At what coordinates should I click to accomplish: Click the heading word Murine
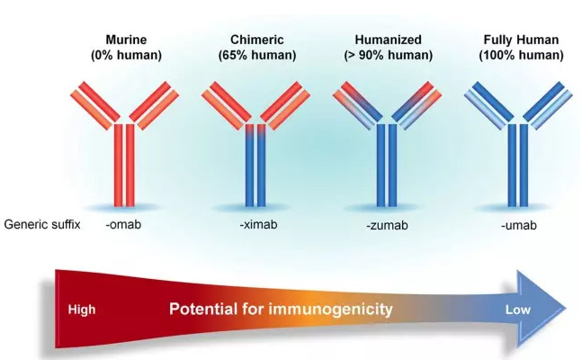click(x=126, y=40)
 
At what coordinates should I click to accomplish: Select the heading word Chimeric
click(x=257, y=40)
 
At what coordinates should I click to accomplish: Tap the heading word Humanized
click(x=388, y=40)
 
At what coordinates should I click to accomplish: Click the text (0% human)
click(x=126, y=55)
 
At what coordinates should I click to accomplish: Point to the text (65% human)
click(x=257, y=55)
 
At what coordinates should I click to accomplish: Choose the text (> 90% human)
click(x=388, y=55)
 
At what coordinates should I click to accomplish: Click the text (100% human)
click(x=521, y=55)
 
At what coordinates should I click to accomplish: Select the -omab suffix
click(x=123, y=224)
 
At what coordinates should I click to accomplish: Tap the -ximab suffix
click(x=258, y=224)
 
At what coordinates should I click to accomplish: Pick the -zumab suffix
click(x=387, y=225)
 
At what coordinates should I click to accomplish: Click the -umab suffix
click(x=518, y=225)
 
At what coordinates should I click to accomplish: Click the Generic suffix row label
click(x=42, y=224)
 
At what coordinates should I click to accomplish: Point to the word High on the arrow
click(x=82, y=310)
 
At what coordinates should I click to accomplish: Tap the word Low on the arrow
click(x=518, y=310)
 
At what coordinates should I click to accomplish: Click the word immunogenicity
click(x=330, y=309)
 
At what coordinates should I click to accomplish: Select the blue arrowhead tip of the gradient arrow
click(x=567, y=308)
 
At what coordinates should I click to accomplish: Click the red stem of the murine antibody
click(x=124, y=165)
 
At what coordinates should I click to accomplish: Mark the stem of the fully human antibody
click(x=518, y=165)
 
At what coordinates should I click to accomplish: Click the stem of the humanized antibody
click(x=387, y=165)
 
